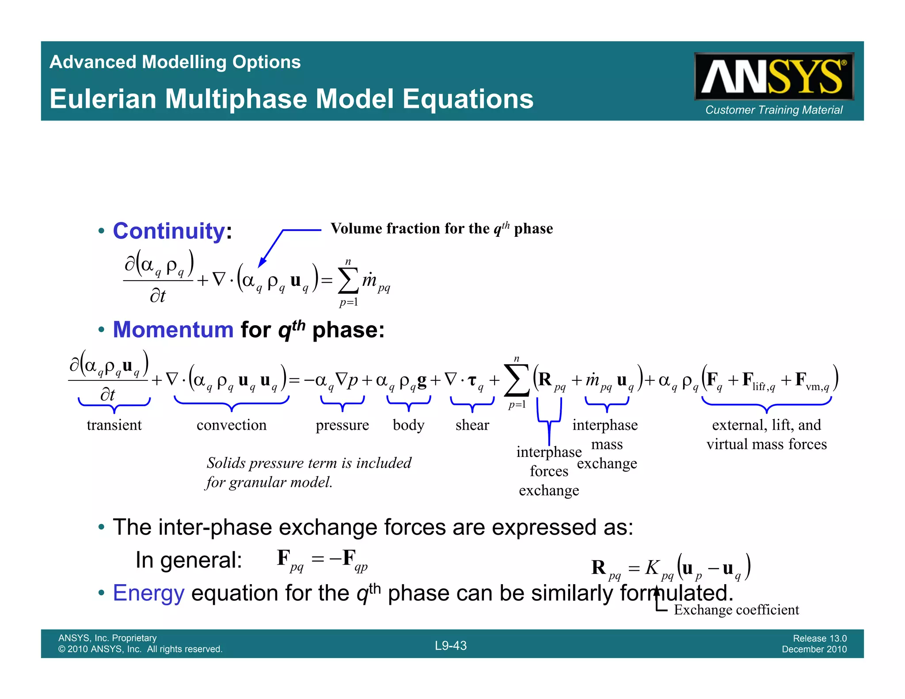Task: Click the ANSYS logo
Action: tap(773, 76)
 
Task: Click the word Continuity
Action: tap(169, 231)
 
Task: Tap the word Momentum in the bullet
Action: tap(173, 330)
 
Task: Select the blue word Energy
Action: tap(148, 593)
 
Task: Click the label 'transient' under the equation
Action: tap(114, 425)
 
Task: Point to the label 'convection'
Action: tap(232, 425)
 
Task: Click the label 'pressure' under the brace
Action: tap(342, 425)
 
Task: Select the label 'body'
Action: tap(408, 425)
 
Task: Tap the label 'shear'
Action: tap(472, 425)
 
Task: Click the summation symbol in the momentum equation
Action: tap(517, 380)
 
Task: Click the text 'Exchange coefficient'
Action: tap(736, 610)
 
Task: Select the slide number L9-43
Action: tap(450, 646)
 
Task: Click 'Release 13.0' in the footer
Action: tap(819, 638)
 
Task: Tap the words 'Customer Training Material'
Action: tap(773, 110)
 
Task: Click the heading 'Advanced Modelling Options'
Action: tap(175, 62)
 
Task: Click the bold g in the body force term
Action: tap(422, 380)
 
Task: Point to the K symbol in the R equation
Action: tap(651, 568)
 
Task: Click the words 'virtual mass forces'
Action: tap(766, 444)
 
